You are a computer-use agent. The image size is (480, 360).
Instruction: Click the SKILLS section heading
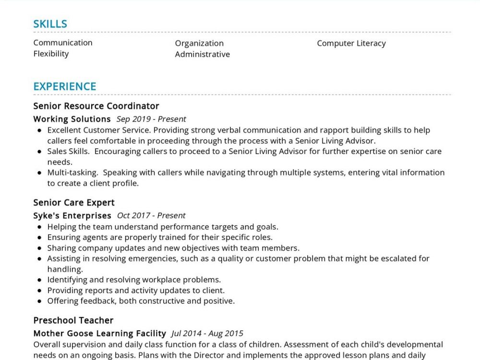(x=50, y=24)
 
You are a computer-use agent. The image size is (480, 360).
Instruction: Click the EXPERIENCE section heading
(x=65, y=86)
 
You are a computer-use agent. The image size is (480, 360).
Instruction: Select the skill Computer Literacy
(x=351, y=43)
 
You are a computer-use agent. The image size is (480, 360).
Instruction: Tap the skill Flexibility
(x=51, y=54)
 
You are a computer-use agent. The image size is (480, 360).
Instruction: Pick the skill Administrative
(x=202, y=54)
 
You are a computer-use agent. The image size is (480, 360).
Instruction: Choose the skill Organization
(x=199, y=43)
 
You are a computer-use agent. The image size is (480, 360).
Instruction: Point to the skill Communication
(x=63, y=43)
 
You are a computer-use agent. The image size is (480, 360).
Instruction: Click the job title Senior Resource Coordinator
(x=96, y=106)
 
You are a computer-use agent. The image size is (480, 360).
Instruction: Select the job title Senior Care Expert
(x=74, y=203)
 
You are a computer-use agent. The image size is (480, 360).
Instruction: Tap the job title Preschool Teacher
(x=73, y=320)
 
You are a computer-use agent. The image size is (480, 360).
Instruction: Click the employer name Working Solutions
(x=72, y=119)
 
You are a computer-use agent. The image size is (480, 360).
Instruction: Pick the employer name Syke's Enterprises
(x=72, y=216)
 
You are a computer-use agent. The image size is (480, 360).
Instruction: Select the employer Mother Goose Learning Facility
(x=99, y=333)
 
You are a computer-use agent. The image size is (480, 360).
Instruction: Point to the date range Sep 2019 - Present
(x=151, y=119)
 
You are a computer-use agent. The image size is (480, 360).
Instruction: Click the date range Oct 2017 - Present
(x=151, y=216)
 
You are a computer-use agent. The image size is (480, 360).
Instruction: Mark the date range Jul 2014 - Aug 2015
(x=207, y=333)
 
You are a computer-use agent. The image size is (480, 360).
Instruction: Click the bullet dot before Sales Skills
(x=39, y=152)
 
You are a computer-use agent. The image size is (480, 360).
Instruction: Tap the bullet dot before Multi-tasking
(x=39, y=173)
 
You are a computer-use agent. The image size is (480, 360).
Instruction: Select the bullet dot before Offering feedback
(x=39, y=301)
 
